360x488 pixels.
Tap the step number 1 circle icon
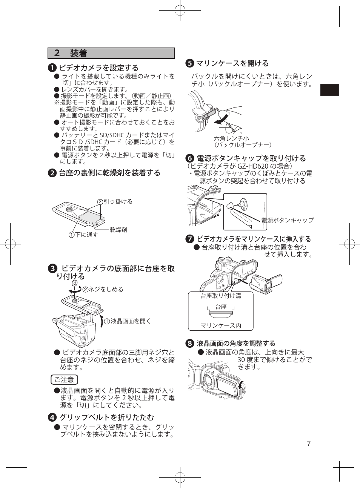(x=52, y=68)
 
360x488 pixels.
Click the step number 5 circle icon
(x=189, y=63)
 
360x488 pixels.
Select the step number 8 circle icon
(x=189, y=343)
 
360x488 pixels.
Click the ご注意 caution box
(x=64, y=380)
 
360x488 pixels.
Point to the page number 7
(x=309, y=444)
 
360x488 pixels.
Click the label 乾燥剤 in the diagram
(x=118, y=230)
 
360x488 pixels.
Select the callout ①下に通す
(x=83, y=235)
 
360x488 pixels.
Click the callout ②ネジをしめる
(x=103, y=289)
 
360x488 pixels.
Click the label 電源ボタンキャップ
(x=288, y=220)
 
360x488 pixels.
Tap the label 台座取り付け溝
(x=221, y=296)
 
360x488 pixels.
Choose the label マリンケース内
(x=221, y=325)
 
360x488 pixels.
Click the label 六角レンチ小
(x=231, y=138)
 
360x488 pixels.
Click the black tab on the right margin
(x=329, y=90)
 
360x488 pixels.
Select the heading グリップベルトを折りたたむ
(x=107, y=417)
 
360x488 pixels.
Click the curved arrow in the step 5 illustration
(x=222, y=119)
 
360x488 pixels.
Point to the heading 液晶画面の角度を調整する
(x=236, y=343)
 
